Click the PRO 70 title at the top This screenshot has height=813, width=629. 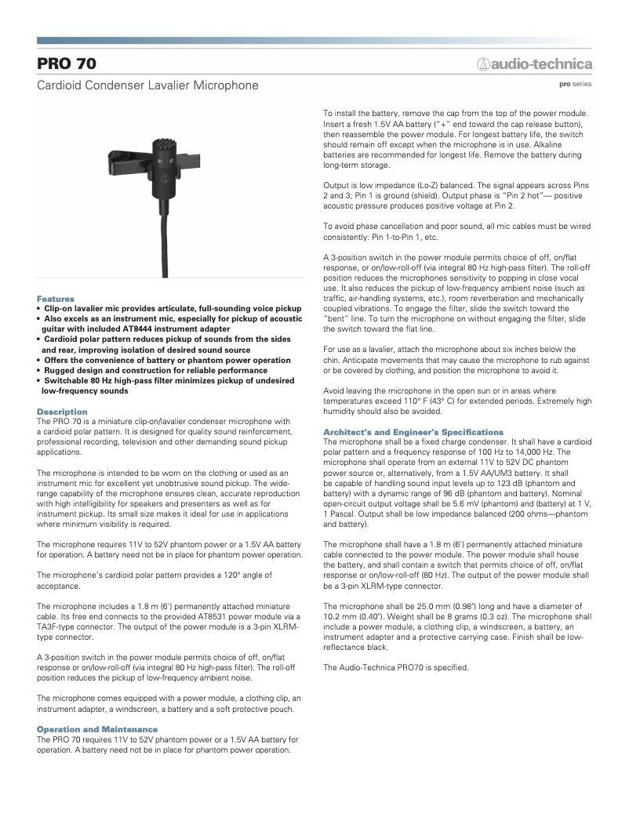(x=67, y=64)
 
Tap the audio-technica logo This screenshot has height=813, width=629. (x=536, y=64)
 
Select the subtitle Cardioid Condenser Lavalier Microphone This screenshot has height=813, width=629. (x=147, y=85)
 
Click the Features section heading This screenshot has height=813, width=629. (x=56, y=299)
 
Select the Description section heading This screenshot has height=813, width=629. (x=62, y=412)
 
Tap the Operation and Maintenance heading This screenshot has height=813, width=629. (x=97, y=730)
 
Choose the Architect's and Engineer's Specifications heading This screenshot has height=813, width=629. (x=413, y=432)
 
